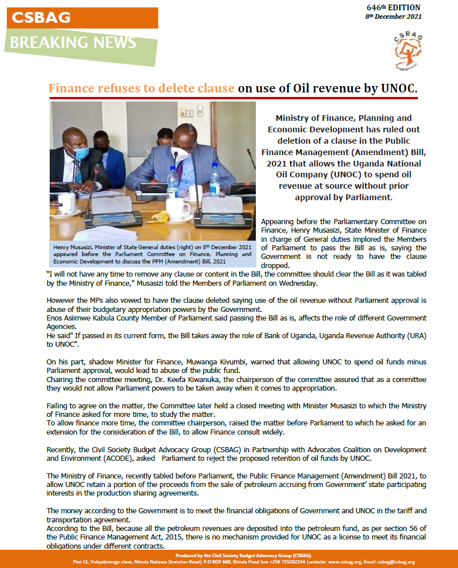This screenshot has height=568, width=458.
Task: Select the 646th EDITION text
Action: point(393,7)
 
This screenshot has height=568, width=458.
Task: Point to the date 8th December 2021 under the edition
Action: point(393,17)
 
